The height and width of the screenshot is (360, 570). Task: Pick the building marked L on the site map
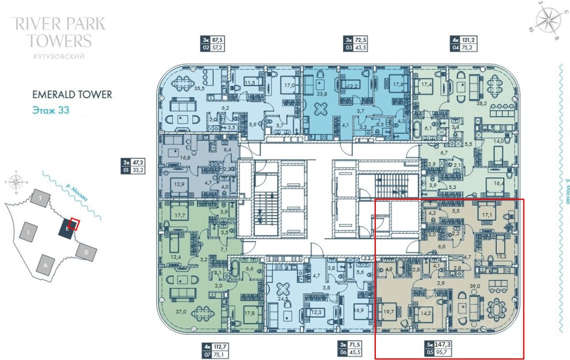29,232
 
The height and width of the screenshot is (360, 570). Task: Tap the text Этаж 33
51,110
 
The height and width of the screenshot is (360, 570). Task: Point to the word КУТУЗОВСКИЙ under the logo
59,57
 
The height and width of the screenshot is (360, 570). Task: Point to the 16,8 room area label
173,157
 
